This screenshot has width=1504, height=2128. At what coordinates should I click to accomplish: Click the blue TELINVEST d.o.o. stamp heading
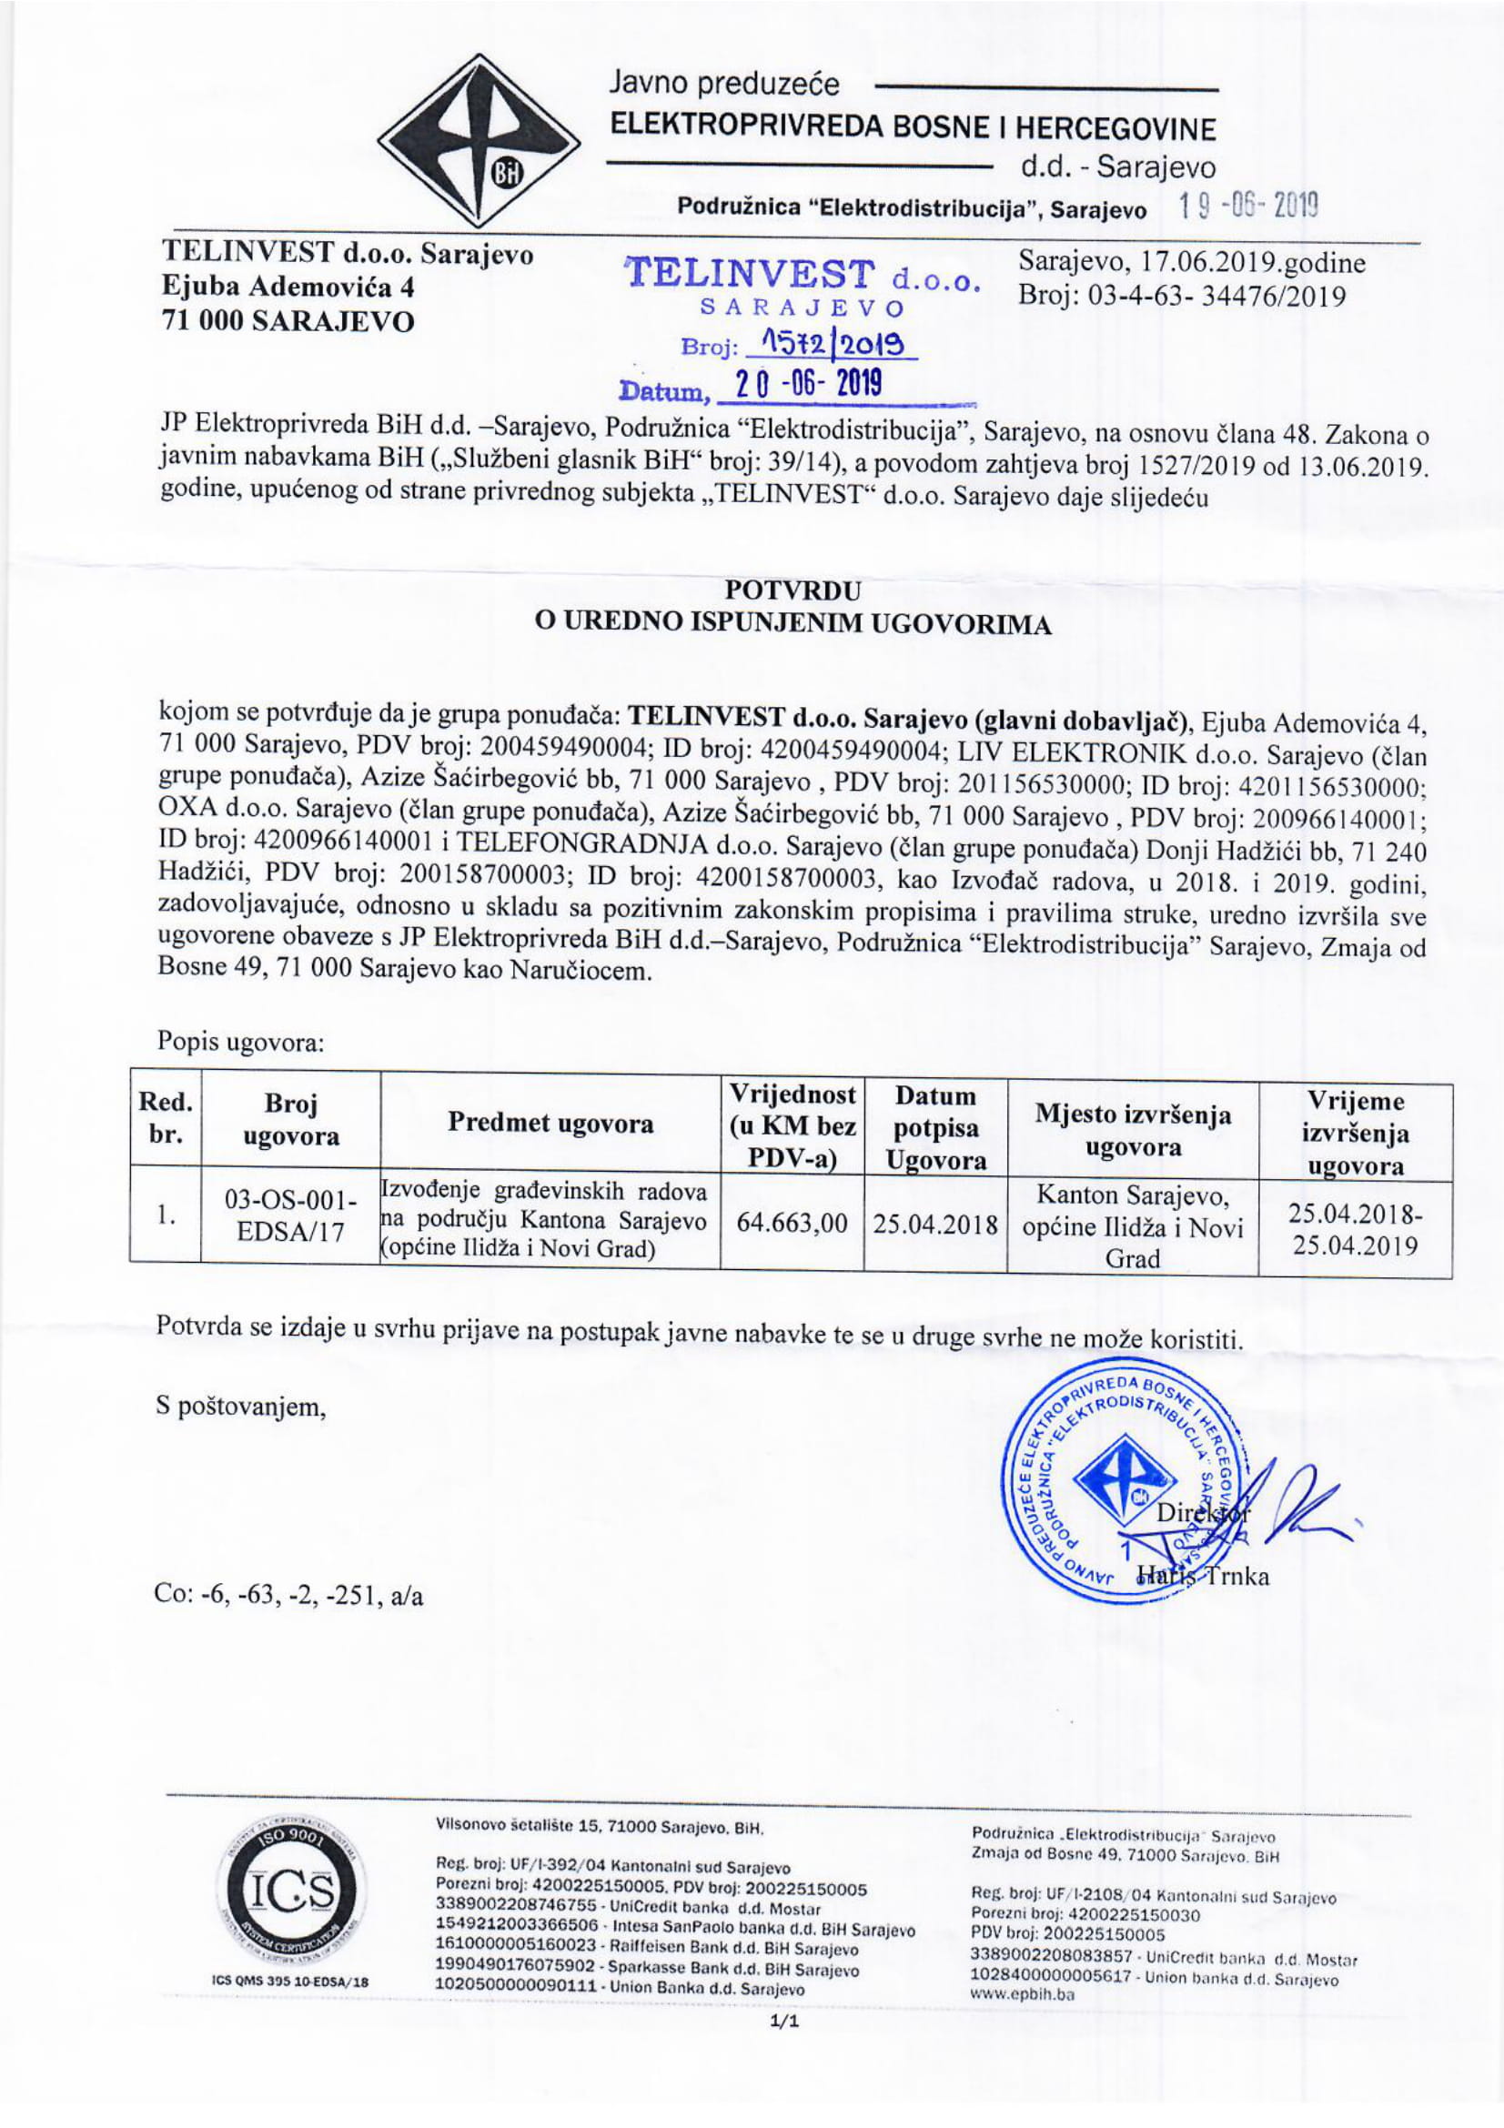point(802,276)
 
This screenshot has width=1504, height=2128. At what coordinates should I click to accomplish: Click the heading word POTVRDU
point(793,590)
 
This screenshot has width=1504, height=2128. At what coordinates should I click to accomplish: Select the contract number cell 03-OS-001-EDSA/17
point(291,1217)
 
